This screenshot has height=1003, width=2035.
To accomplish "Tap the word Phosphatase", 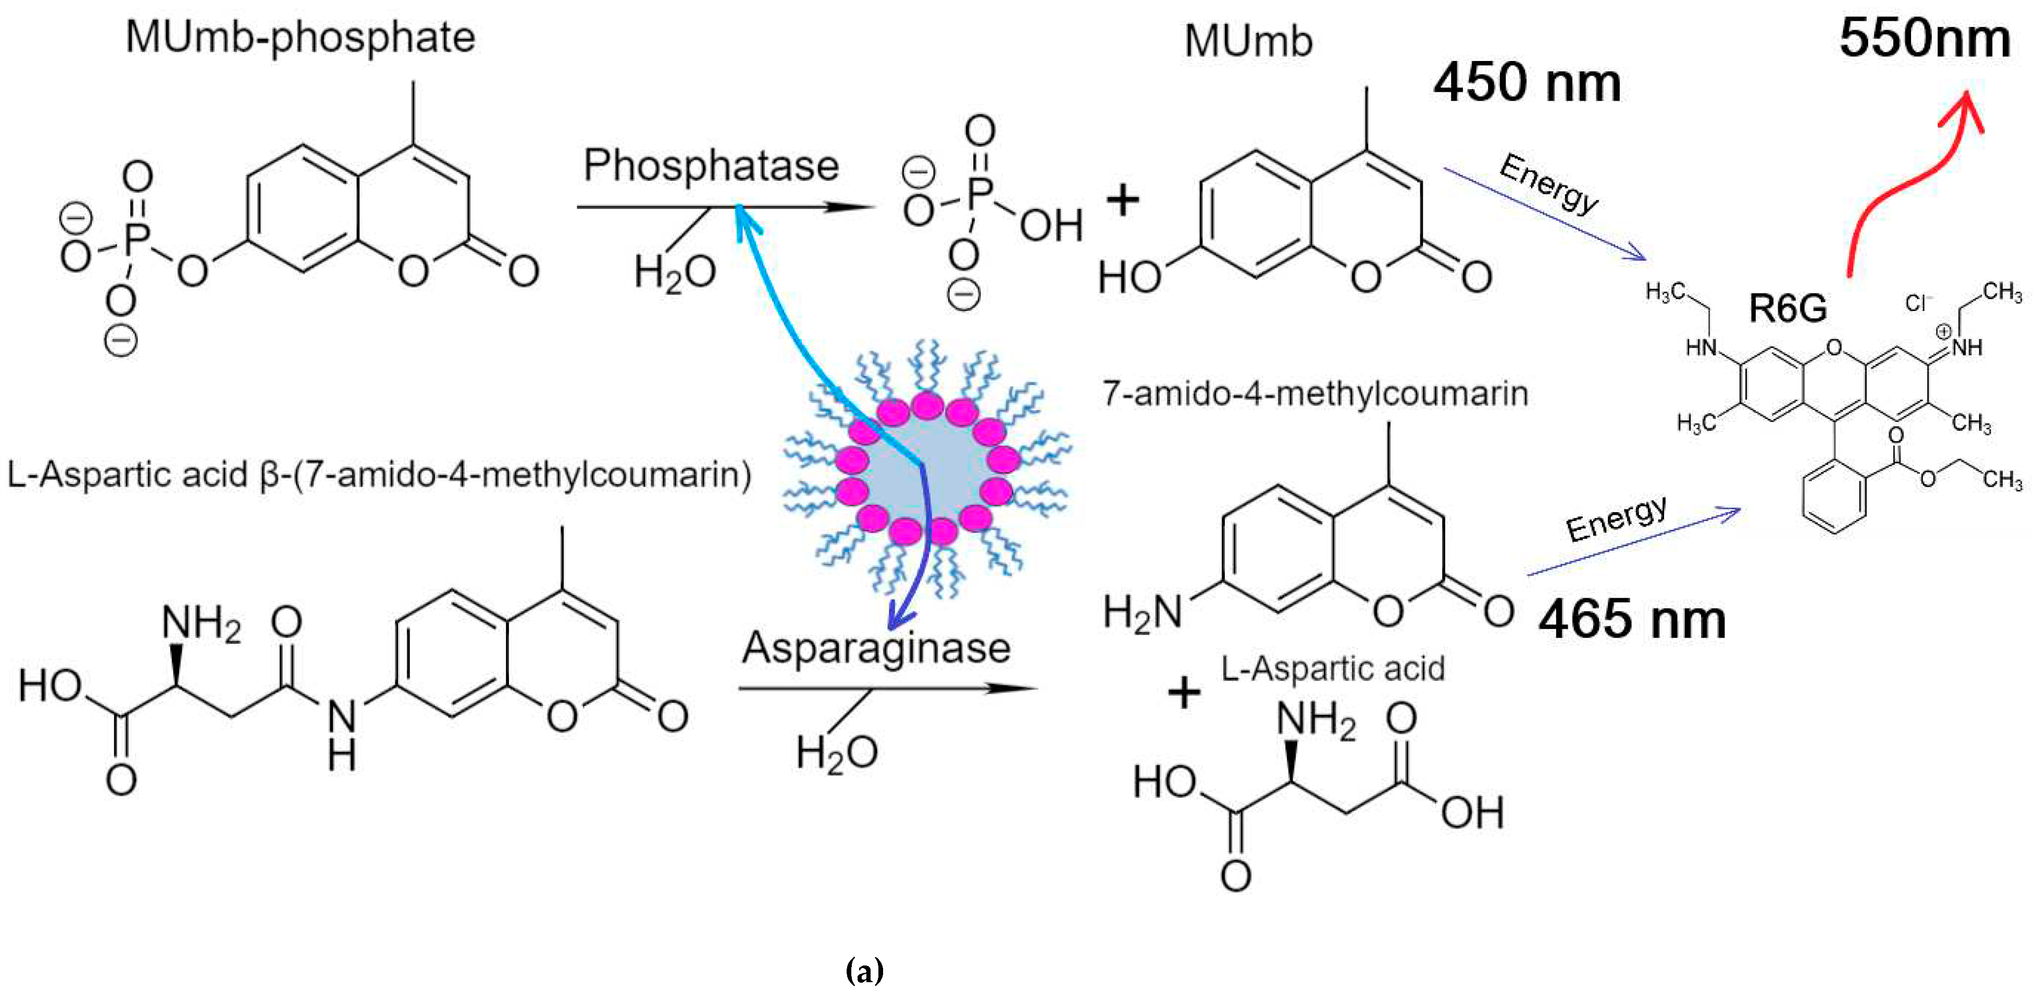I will click(x=710, y=166).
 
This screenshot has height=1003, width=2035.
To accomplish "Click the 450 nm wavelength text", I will click(x=1527, y=83).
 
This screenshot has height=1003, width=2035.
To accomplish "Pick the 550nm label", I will click(x=1925, y=38).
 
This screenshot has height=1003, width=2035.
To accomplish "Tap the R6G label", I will click(x=1788, y=308).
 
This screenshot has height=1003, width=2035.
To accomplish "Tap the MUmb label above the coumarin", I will click(x=1248, y=41).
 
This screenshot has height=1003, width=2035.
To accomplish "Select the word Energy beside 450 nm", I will click(x=1549, y=183).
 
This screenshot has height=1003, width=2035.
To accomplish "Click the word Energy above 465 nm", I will click(x=1616, y=518).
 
